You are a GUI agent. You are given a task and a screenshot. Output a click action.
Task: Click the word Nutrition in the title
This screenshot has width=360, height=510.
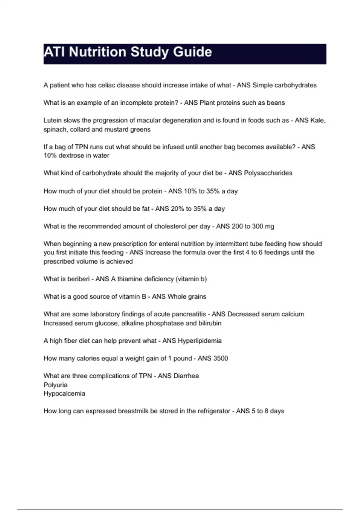(97, 52)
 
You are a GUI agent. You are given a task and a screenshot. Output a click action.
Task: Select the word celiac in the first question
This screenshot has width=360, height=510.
(106, 85)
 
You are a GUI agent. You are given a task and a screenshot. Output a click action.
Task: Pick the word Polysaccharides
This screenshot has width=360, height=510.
(268, 173)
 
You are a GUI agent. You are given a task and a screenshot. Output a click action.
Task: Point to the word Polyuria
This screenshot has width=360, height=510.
(55, 385)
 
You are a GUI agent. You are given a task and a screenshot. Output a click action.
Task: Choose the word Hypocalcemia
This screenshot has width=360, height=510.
(64, 394)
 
